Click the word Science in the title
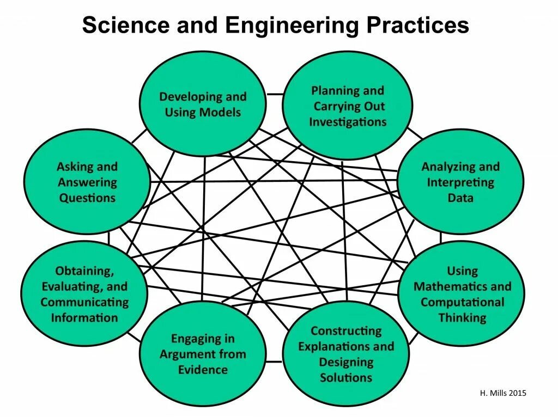coord(120,25)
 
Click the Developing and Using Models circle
coord(203,105)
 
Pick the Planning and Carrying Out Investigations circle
coord(348,106)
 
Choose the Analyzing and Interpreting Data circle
coord(460,182)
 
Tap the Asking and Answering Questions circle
coord(87,182)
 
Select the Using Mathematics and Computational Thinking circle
coord(462,294)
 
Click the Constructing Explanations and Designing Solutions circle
coord(346,354)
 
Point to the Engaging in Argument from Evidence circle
coord(202,354)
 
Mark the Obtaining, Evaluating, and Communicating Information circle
coord(84,294)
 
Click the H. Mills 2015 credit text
coord(504,393)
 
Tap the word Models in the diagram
coord(220,113)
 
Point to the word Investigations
coord(348,122)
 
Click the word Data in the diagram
coord(460,198)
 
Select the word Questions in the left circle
coord(87,198)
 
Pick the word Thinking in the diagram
coord(462,318)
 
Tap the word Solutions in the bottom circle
coord(346,377)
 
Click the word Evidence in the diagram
coord(202,370)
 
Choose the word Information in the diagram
coord(84,318)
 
